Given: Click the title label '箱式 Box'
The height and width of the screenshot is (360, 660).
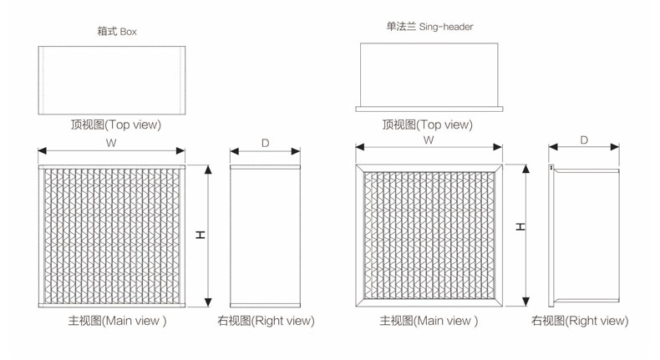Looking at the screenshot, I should pos(116,33).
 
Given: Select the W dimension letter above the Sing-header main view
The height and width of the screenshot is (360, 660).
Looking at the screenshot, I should pos(428,140).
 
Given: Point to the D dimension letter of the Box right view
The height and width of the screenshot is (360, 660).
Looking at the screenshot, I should pos(265,143).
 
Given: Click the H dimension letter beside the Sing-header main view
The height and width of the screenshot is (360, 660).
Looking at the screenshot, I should pos(520,226).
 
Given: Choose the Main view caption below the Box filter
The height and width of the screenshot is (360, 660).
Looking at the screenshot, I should pos(116,320).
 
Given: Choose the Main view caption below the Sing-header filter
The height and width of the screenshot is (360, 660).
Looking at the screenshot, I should pos(429,320).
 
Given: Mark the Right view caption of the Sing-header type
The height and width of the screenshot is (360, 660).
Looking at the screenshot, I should pos(579,320).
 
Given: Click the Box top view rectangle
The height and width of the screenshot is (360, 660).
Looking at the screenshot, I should pos(111,80).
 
